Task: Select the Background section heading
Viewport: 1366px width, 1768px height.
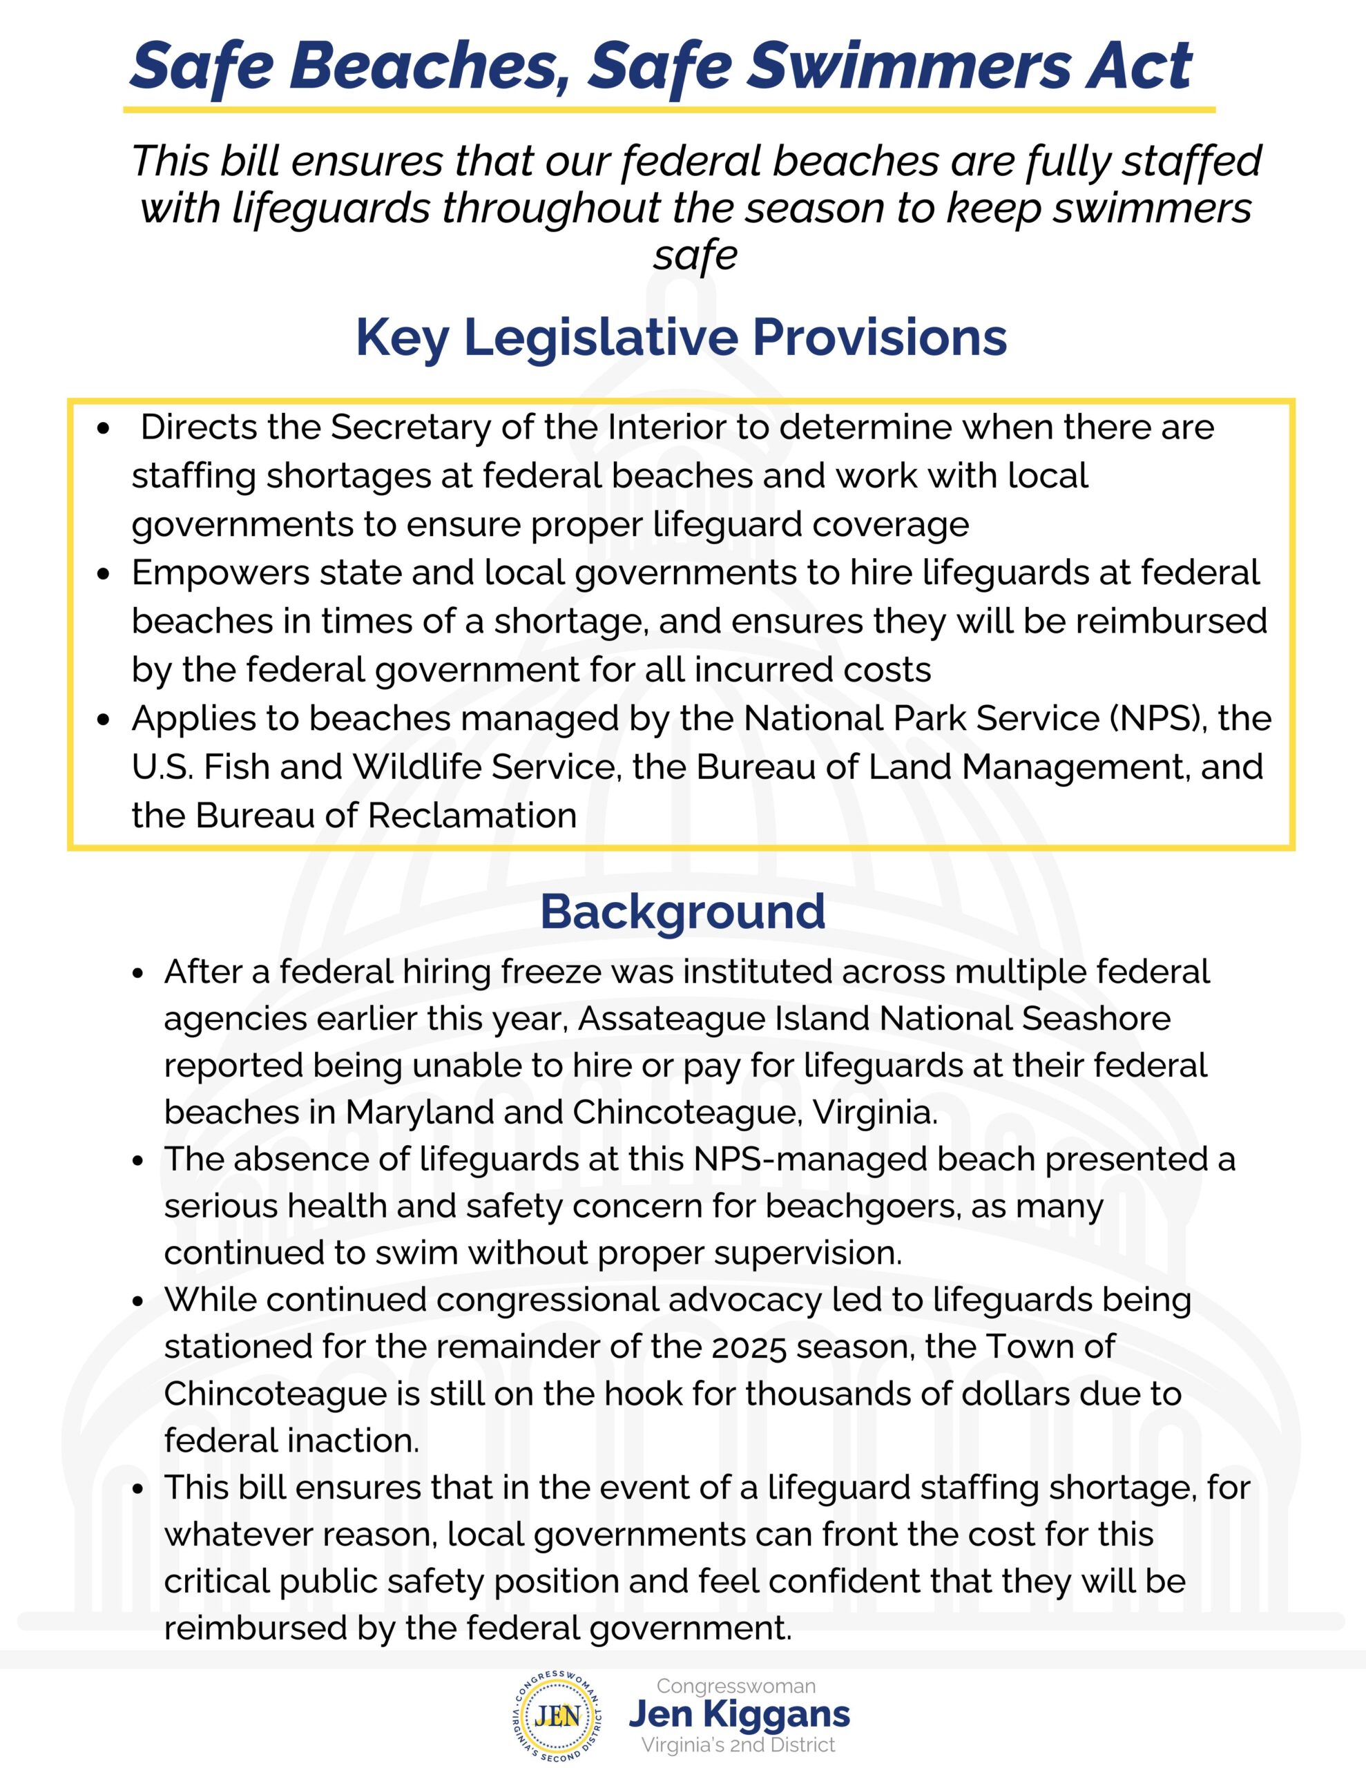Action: point(682,912)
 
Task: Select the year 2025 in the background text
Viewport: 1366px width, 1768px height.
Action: point(749,1347)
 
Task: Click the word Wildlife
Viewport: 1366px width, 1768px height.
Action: point(418,767)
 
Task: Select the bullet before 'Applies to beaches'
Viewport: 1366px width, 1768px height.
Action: point(103,719)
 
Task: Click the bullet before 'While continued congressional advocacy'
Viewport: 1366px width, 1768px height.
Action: point(137,1302)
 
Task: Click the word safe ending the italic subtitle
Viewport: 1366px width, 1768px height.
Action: point(695,256)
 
